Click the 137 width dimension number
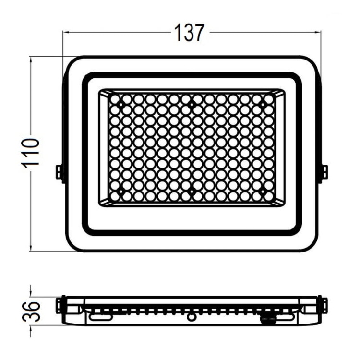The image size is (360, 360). click(189, 33)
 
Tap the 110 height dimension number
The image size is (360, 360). click(30, 153)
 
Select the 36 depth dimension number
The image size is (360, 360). click(30, 310)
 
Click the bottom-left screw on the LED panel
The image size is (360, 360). click(120, 192)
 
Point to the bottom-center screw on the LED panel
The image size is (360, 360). click(192, 192)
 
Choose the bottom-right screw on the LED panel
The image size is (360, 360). click(262, 192)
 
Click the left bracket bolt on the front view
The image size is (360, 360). click(60, 172)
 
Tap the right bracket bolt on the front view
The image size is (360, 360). click(324, 172)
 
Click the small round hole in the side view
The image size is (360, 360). click(192, 316)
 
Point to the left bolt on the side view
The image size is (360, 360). click(60, 303)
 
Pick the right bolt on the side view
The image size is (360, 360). click(324, 303)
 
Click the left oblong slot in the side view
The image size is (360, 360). click(99, 317)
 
